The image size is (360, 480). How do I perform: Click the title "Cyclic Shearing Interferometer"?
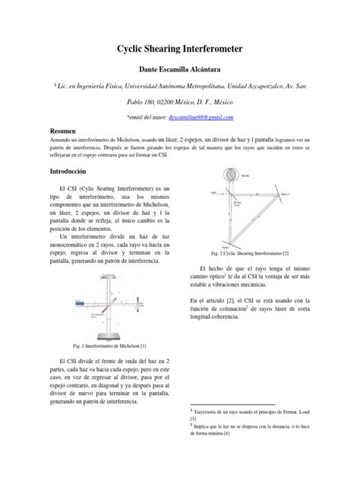tap(179, 49)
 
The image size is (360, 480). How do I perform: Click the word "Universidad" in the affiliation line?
tap(162, 88)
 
